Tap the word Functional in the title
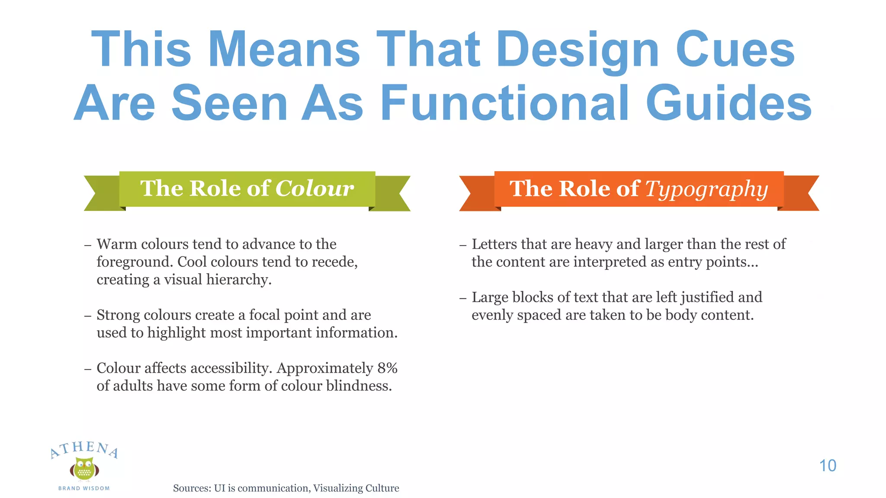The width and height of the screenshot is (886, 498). [x=504, y=103]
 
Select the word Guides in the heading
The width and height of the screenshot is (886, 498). [x=729, y=103]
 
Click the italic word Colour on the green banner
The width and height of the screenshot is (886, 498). [x=315, y=188]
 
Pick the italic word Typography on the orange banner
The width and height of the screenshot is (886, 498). [x=706, y=189]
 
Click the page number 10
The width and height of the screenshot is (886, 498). [x=828, y=466]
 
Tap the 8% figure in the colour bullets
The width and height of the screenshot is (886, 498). [x=387, y=368]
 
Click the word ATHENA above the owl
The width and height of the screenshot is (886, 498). [x=84, y=449]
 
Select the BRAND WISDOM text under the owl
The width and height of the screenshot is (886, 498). [x=84, y=488]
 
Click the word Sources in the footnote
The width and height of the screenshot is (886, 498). [x=191, y=488]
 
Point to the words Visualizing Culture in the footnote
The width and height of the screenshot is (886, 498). [x=356, y=488]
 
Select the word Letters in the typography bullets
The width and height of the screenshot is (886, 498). [x=494, y=244]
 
